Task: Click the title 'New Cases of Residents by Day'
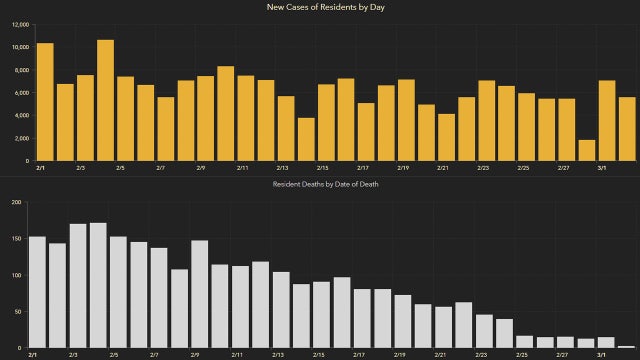point(320,8)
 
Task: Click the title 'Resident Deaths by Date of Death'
point(320,185)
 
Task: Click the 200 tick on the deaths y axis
point(16,202)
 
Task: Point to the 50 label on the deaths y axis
point(18,311)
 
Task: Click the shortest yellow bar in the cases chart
point(587,150)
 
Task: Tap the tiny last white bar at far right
point(625,346)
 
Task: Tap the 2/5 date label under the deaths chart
point(113,355)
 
